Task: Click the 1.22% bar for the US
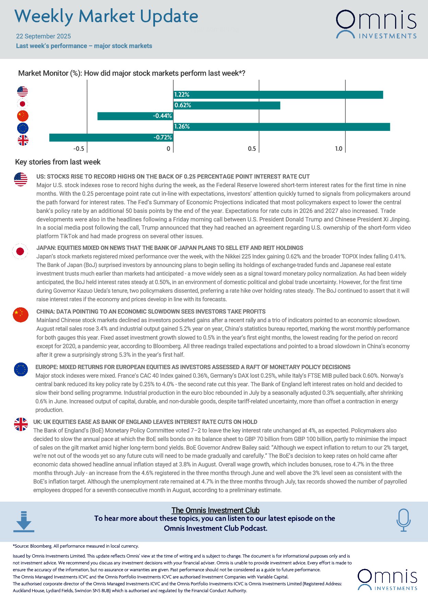[278, 95]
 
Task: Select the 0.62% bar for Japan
[226, 105]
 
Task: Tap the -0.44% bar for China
[135, 116]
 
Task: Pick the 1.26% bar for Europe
[281, 127]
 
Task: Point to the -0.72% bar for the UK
[111, 137]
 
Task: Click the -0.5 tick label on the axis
[79, 149]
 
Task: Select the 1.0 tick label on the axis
[338, 149]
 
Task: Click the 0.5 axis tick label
[252, 149]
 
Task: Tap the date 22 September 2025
[44, 36]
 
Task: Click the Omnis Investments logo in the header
[376, 24]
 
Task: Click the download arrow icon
[24, 522]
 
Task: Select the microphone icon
[403, 520]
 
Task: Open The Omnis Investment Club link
[215, 510]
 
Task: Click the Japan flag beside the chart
[23, 104]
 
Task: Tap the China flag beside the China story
[21, 315]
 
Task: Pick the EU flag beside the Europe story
[21, 369]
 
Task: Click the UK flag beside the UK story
[21, 424]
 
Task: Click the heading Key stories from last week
[58, 162]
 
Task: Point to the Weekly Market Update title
[106, 16]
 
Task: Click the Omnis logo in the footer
[387, 579]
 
